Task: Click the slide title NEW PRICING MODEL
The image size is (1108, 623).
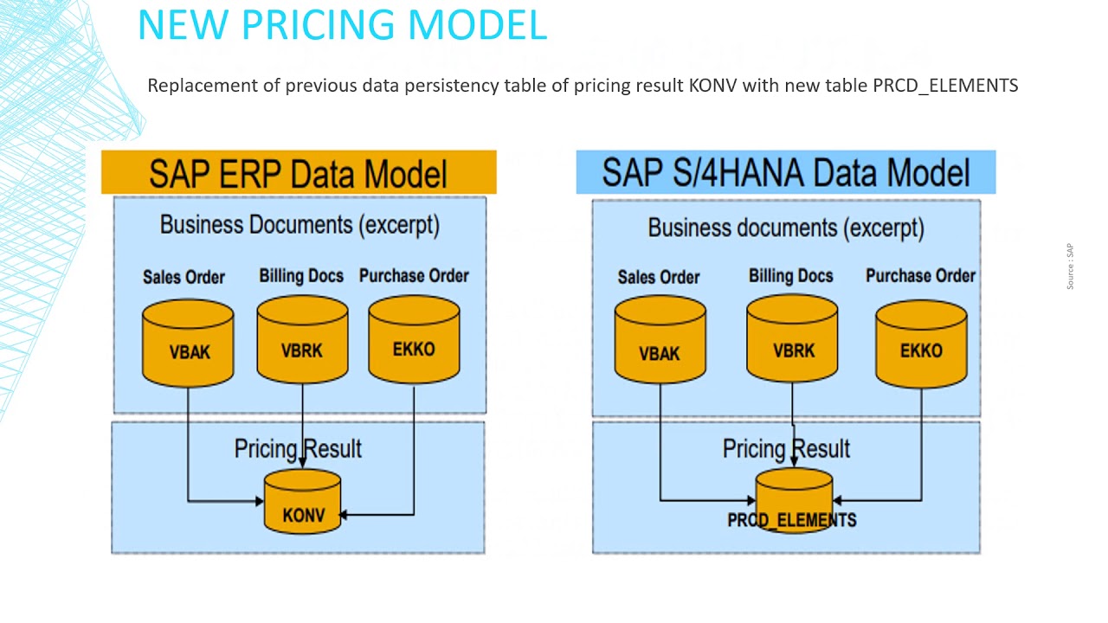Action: coord(342,25)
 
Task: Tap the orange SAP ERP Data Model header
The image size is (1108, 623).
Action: coord(299,172)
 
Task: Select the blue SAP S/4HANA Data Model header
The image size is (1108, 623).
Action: coord(785,172)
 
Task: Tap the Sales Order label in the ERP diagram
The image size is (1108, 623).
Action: coord(184,277)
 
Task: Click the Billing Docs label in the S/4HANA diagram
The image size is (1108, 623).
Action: coord(790,276)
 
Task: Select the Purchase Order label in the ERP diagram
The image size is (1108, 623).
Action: coord(414,276)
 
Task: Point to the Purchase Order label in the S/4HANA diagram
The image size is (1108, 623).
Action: coord(920,276)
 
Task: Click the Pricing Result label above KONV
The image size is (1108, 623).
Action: coord(298,448)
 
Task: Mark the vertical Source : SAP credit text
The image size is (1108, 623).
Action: coord(1070,267)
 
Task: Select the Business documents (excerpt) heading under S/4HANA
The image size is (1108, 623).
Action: coord(786,228)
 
